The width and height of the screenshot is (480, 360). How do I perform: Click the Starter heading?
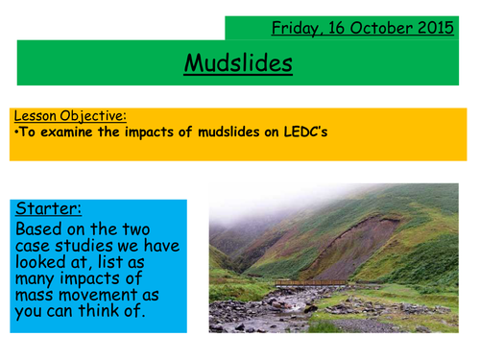45,207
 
